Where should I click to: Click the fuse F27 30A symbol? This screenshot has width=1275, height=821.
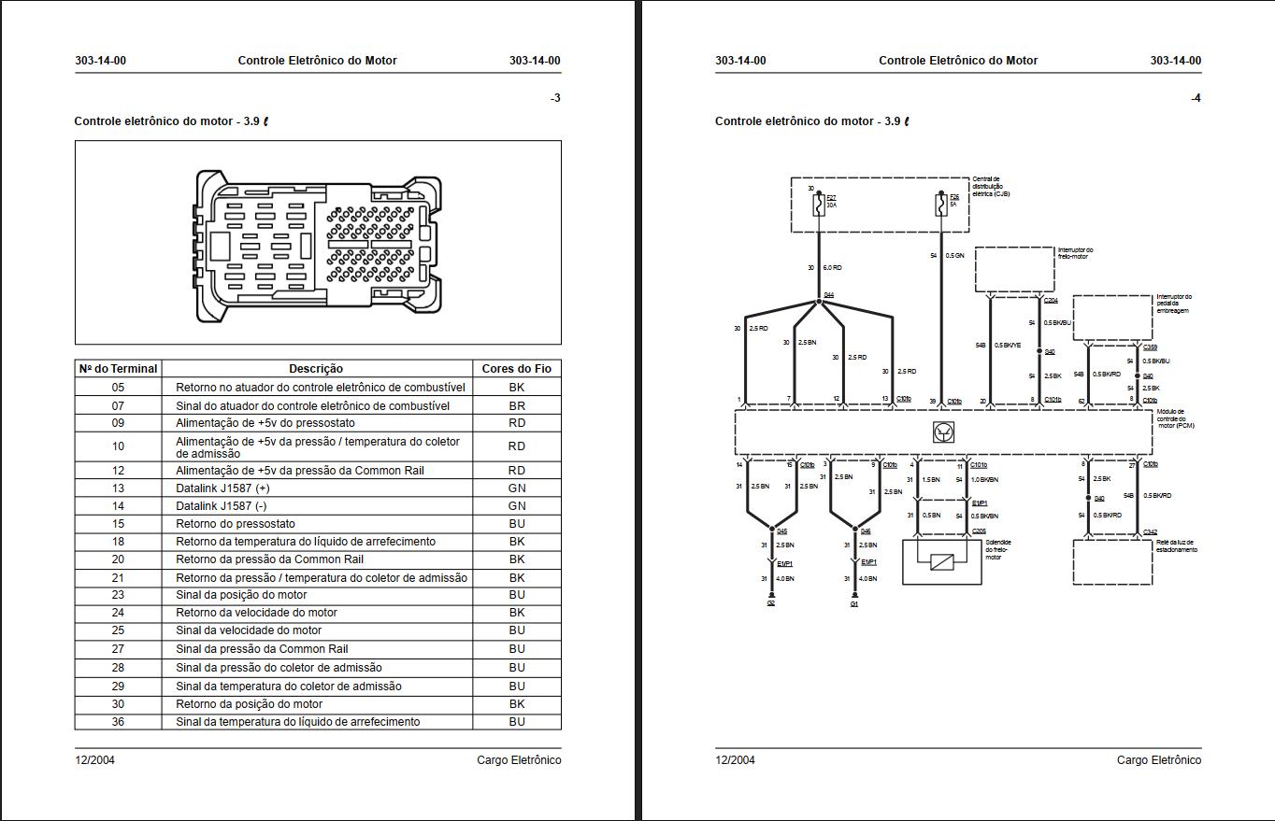coord(819,205)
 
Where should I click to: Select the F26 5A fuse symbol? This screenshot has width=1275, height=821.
coord(941,205)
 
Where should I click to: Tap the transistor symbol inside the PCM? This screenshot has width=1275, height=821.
coord(943,432)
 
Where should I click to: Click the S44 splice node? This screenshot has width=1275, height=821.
coord(819,301)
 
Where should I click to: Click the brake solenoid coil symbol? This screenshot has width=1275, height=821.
coord(942,561)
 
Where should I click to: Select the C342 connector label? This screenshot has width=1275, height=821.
coord(1150,532)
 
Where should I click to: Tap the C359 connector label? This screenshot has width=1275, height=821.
coord(1150,347)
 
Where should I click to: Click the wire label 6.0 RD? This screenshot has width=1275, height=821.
coord(832,268)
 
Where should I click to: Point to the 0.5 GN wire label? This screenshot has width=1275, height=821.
coord(954,255)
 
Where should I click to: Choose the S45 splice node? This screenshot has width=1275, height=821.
coord(772,530)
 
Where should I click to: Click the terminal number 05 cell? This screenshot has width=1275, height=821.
coord(118,387)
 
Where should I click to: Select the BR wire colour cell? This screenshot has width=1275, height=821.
coord(517,405)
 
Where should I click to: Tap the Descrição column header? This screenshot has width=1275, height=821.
coord(316,369)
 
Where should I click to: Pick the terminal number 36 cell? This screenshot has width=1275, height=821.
coord(118,721)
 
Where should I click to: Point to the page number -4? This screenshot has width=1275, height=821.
coord(1196,98)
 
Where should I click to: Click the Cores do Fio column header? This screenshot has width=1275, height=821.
coord(517,369)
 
